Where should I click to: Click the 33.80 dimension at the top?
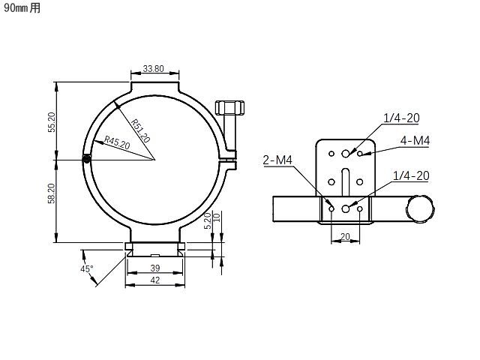[153, 68]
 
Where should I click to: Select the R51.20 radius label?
[140, 131]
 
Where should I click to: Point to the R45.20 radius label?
[117, 142]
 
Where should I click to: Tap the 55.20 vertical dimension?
[52, 122]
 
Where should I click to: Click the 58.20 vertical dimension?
[52, 193]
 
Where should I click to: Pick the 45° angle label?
[87, 268]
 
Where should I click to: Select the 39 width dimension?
[155, 268]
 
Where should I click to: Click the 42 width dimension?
[155, 280]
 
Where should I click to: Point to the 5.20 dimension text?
[208, 220]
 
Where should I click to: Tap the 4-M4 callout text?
[415, 140]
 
